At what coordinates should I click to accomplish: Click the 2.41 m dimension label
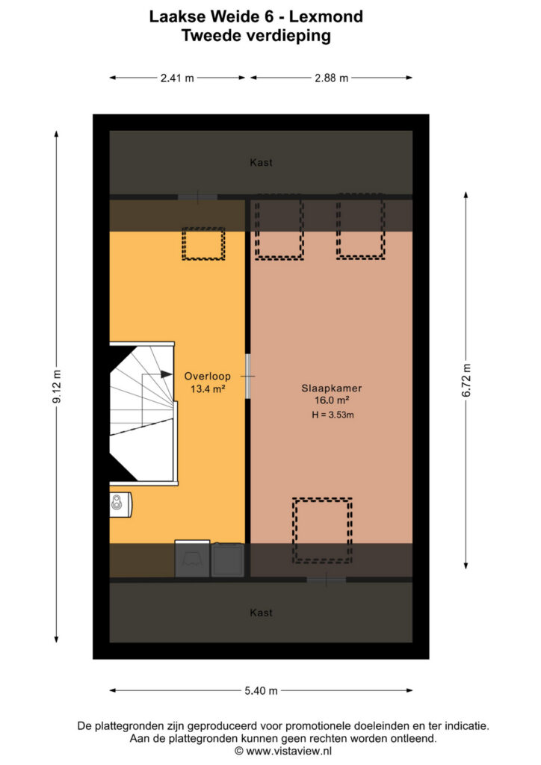point(177,78)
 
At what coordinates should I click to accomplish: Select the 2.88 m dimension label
point(331,78)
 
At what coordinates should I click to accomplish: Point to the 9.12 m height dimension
point(57,387)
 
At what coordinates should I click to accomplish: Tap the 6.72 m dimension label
point(466,380)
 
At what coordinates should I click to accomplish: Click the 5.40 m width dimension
point(261,691)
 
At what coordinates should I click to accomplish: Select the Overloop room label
point(207,377)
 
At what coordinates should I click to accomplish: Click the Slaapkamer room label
point(331,388)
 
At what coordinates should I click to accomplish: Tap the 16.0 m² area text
point(331,400)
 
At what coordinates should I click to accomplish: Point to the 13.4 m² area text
point(207,388)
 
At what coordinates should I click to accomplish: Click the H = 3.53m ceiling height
point(333,415)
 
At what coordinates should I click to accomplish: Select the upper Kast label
point(261,162)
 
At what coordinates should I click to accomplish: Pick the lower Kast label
point(261,613)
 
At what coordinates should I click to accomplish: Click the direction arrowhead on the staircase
point(167,374)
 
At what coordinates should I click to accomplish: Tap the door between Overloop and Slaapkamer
point(248,377)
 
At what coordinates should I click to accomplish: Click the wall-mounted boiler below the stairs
point(120,504)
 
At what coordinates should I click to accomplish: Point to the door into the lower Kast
point(327,580)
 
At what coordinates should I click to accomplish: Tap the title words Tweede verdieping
point(256,36)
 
